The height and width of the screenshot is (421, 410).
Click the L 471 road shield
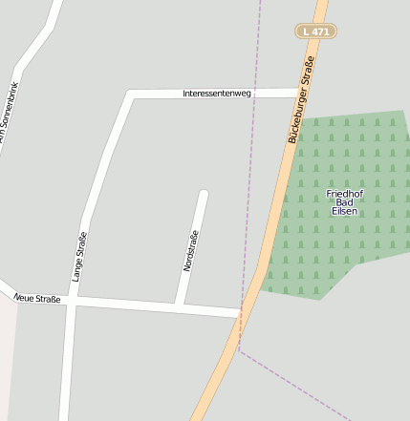(315, 32)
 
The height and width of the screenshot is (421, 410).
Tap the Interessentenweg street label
(217, 94)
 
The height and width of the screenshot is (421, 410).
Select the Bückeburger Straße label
(301, 100)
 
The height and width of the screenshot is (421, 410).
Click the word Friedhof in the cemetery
(344, 194)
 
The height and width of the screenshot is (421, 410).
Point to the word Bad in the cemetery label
(344, 202)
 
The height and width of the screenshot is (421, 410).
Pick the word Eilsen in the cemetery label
(344, 211)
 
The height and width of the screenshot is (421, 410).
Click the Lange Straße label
(78, 256)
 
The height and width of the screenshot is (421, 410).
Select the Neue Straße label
(38, 299)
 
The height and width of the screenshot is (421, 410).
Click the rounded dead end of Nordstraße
(203, 195)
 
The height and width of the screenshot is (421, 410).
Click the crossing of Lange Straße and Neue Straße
(70, 301)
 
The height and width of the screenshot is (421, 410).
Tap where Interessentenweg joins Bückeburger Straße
(297, 93)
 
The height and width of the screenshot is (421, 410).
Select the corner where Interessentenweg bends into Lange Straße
(130, 95)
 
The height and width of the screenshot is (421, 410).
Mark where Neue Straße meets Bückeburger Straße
(240, 313)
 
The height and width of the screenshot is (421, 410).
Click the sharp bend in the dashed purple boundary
(239, 350)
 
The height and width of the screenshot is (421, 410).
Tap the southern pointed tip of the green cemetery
(321, 299)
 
